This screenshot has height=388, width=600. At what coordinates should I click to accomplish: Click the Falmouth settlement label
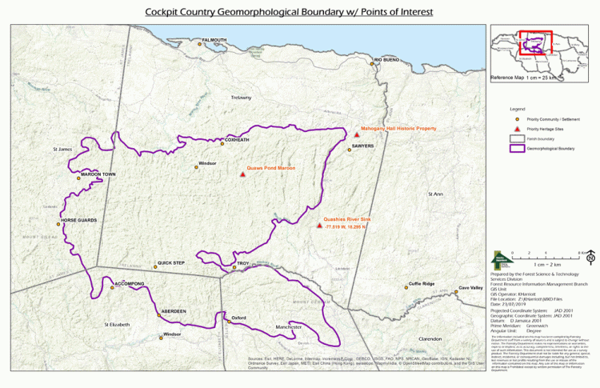[214, 39]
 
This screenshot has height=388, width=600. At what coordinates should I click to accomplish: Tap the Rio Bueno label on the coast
[386, 60]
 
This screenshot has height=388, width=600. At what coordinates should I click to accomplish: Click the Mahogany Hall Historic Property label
[398, 128]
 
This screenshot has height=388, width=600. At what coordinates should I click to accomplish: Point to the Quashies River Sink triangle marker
[319, 226]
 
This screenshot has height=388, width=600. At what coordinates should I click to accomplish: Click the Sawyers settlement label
[362, 146]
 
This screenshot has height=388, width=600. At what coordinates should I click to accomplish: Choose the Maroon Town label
[98, 174]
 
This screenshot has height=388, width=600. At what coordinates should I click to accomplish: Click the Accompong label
[130, 284]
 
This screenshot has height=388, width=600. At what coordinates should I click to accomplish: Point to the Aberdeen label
[174, 310]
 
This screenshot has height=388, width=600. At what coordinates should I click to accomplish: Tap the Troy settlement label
[242, 263]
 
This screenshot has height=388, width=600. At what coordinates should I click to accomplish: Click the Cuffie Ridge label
[422, 284]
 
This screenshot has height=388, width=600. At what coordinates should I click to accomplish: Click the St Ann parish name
[435, 194]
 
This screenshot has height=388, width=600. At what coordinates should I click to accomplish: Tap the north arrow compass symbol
[590, 258]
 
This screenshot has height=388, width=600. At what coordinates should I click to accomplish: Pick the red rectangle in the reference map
[534, 43]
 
